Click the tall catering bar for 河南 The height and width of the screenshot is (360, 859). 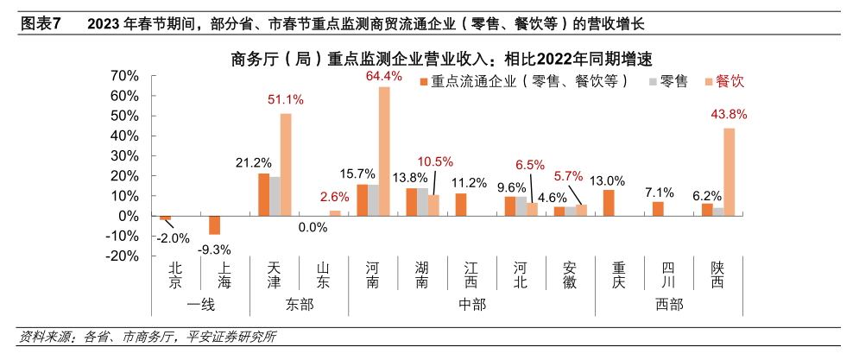tap(384, 151)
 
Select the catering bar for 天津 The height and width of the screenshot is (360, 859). tap(286, 164)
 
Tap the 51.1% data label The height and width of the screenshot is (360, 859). tap(286, 99)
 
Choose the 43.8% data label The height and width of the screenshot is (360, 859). tap(729, 114)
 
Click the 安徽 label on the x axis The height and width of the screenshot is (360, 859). tap(570, 275)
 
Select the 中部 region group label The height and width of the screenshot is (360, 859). tap(472, 304)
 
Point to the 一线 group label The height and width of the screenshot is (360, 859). tap(200, 304)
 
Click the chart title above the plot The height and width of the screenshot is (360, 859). tap(440, 59)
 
